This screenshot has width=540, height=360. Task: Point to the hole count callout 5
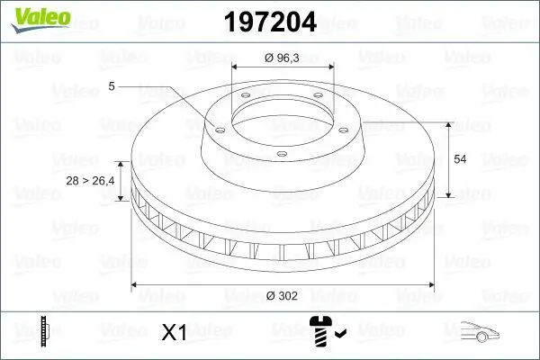tap(111, 86)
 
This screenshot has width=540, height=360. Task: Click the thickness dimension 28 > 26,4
tap(90, 182)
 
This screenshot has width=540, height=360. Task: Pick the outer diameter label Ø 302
tap(283, 295)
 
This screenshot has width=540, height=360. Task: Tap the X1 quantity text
tap(174, 334)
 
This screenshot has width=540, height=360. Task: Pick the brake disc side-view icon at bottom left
tap(42, 332)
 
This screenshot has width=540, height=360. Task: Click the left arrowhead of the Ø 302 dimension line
tap(136, 285)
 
